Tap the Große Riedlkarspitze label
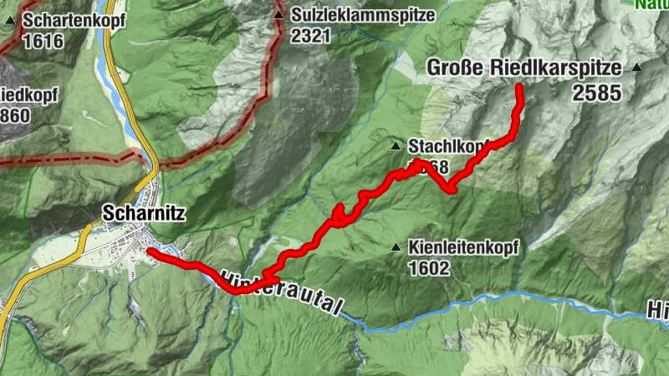click(x=524, y=68)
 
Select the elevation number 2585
click(x=597, y=92)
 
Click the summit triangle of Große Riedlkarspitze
click(x=638, y=68)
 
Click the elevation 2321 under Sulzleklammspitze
click(x=312, y=36)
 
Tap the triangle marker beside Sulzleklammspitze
click(x=278, y=15)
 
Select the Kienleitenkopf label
click(x=464, y=247)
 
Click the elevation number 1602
click(x=430, y=268)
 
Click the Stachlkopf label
click(x=447, y=146)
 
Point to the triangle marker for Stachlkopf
click(x=396, y=147)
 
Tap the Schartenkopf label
click(x=74, y=19)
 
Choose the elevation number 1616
click(x=43, y=40)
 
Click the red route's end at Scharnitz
click(x=149, y=251)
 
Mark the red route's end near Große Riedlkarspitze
click(x=519, y=88)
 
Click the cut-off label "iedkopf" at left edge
click(x=28, y=94)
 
